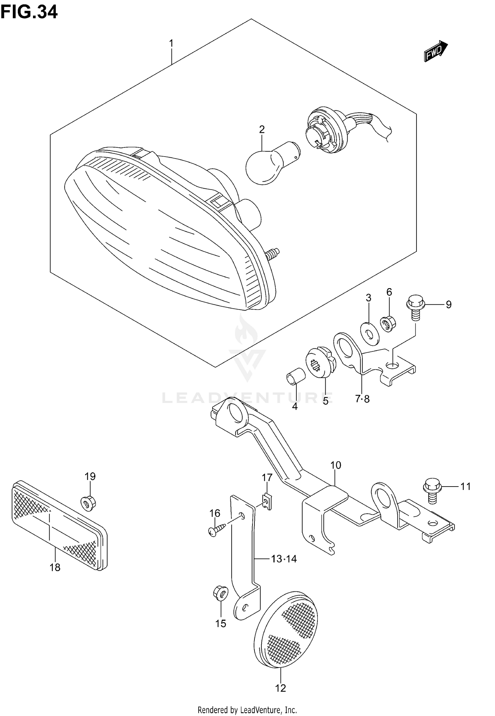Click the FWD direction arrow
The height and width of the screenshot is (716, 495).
coord(436,52)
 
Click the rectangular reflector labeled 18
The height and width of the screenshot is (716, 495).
coord(59,525)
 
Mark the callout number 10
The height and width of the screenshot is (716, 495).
coord(336,465)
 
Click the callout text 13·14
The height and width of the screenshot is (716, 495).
coord(284,558)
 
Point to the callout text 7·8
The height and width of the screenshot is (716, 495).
coord(362,399)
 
